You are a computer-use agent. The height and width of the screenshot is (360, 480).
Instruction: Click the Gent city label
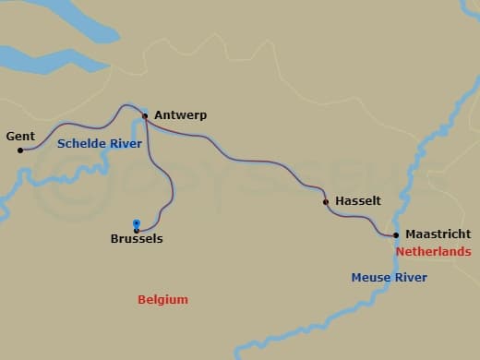point(20,137)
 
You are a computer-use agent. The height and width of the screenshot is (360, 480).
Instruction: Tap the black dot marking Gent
point(20,150)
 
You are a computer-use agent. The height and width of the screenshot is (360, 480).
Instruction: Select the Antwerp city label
point(180,115)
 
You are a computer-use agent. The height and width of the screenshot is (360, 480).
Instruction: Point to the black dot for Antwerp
point(145,116)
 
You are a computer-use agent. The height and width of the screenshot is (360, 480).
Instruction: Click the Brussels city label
point(136,239)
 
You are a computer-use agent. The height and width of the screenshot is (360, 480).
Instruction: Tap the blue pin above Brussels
point(136,223)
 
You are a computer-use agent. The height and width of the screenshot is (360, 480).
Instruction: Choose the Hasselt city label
point(355,200)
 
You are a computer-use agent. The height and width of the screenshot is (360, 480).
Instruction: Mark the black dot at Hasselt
point(325,201)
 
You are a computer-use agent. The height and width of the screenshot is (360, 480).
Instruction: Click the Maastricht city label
point(437,234)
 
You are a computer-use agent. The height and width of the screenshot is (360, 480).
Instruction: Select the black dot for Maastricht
point(396,234)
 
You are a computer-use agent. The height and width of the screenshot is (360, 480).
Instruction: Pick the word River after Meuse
point(412,278)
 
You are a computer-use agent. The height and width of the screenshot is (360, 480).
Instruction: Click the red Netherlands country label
point(433,251)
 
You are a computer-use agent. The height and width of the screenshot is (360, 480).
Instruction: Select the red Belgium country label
point(162,300)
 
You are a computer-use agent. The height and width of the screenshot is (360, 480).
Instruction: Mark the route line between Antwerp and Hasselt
point(240,147)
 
